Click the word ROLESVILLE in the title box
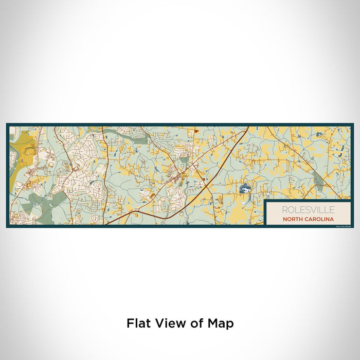[x=308, y=210]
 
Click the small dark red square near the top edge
[x=196, y=133]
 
